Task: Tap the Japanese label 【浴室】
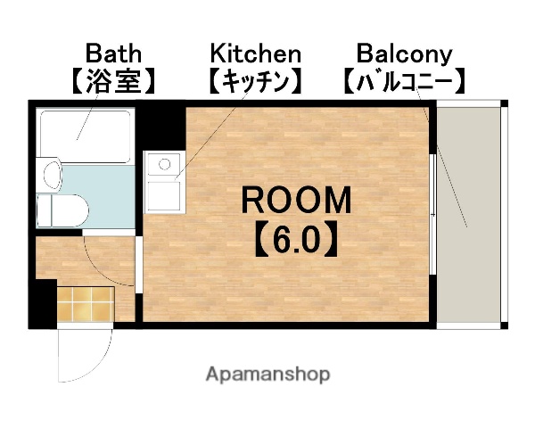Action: [x=112, y=83]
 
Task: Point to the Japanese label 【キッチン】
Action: [x=255, y=83]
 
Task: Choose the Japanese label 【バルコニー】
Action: [x=404, y=83]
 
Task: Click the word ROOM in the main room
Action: [x=297, y=200]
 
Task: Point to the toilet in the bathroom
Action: [x=68, y=211]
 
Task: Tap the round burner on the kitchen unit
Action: [x=162, y=163]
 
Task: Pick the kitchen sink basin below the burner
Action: [x=162, y=193]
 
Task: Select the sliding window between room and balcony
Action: [x=434, y=214]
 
